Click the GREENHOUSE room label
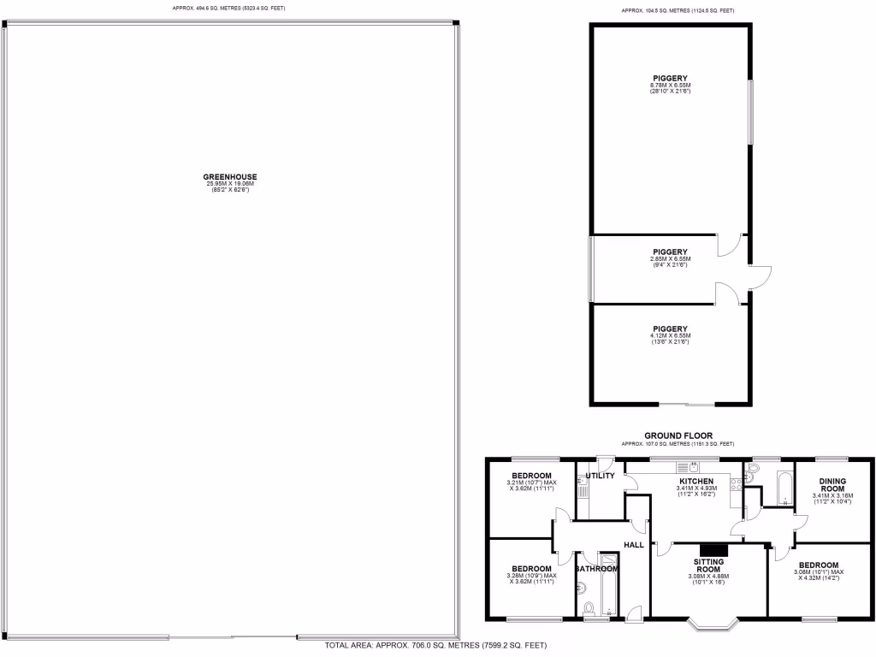tap(230, 177)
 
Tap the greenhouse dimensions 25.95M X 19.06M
tap(230, 184)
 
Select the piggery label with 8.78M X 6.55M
tap(670, 79)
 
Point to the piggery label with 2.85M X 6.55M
tap(670, 252)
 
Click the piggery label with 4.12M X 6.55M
tap(670, 328)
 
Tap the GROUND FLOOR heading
tap(678, 435)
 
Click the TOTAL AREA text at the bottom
tap(435, 645)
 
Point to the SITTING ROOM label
tap(708, 565)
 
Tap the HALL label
tap(634, 544)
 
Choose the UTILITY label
tap(600, 476)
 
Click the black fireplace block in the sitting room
tap(713, 549)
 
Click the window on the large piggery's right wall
tap(752, 112)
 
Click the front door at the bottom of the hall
tap(633, 612)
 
